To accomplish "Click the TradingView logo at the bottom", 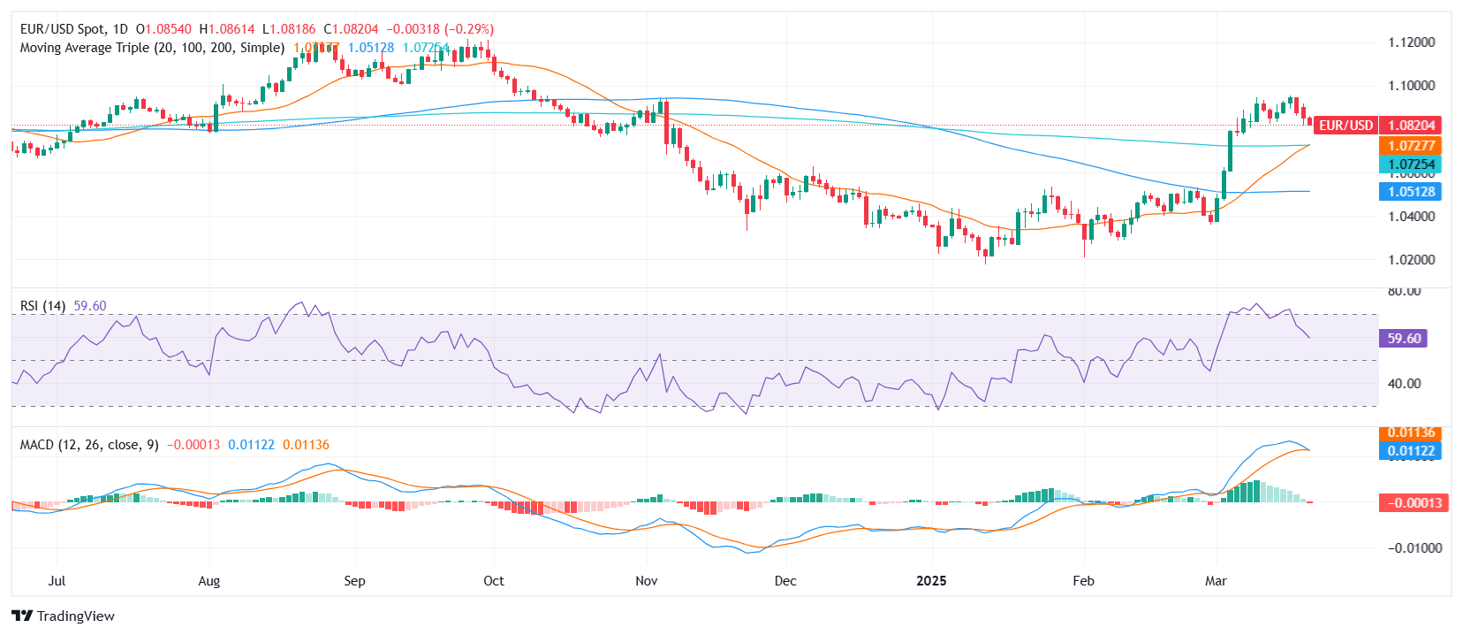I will click(x=63, y=616).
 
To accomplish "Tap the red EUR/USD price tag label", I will click(x=1346, y=126).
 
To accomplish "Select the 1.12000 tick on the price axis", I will click(x=1411, y=42).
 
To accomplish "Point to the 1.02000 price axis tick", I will click(x=1411, y=260).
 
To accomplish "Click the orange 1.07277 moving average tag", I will click(x=1410, y=146).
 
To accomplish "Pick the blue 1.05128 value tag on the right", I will click(x=1410, y=192).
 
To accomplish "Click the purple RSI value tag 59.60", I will click(x=1403, y=339).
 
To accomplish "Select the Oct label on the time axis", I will click(x=494, y=581).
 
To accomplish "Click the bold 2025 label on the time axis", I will click(x=931, y=581).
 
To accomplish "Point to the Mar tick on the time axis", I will click(x=1216, y=581).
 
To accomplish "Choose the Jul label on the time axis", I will click(x=57, y=581).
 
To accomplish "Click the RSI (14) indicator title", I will click(x=42, y=306).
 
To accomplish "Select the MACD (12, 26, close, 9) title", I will click(x=89, y=445).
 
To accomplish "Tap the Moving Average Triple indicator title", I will click(x=152, y=48).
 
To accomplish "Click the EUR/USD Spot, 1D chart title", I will click(x=74, y=29).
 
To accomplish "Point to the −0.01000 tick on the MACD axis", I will click(x=1414, y=548).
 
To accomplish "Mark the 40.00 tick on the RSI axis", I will click(x=1404, y=384).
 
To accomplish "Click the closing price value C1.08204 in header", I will click(x=351, y=29).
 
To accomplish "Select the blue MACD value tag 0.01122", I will click(x=1410, y=451).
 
